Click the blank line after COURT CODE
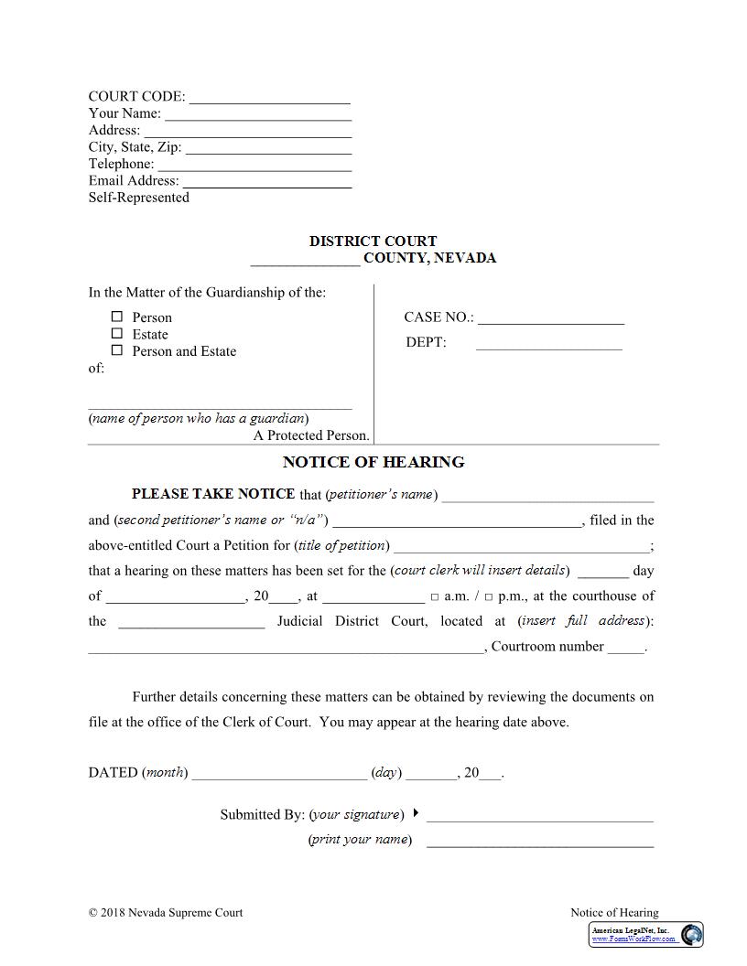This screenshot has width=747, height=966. (x=269, y=97)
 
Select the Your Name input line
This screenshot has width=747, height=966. (x=258, y=114)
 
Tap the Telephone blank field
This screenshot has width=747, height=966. (x=254, y=165)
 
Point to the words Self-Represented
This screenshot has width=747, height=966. (x=139, y=198)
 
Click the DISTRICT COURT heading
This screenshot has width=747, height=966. (x=373, y=241)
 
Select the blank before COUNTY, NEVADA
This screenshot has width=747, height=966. (x=305, y=259)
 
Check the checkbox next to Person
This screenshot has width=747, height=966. (x=117, y=317)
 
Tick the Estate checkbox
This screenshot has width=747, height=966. (x=117, y=334)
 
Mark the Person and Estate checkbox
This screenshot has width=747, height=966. (x=117, y=350)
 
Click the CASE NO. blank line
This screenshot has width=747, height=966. (x=551, y=318)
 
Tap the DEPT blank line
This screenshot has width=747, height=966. (x=548, y=344)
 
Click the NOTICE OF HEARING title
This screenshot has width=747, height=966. (x=373, y=462)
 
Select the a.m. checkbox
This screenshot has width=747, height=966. (x=435, y=597)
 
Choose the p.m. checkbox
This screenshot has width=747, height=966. (x=489, y=597)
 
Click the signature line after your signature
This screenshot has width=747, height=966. (x=540, y=816)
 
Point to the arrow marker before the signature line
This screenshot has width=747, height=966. (x=416, y=812)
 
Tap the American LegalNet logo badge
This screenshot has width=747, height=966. (x=646, y=934)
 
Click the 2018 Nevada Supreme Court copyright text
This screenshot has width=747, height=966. (x=166, y=912)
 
